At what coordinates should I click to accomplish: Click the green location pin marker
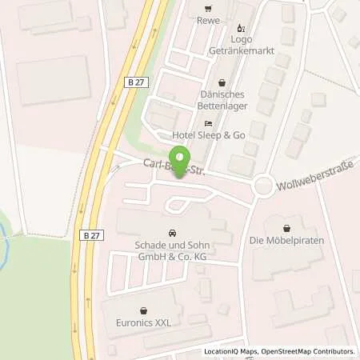(x=182, y=159)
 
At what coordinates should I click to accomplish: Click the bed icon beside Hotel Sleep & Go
(x=208, y=124)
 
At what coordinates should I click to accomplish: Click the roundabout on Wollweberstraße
(x=263, y=188)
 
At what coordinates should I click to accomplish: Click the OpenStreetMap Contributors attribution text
(x=312, y=351)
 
